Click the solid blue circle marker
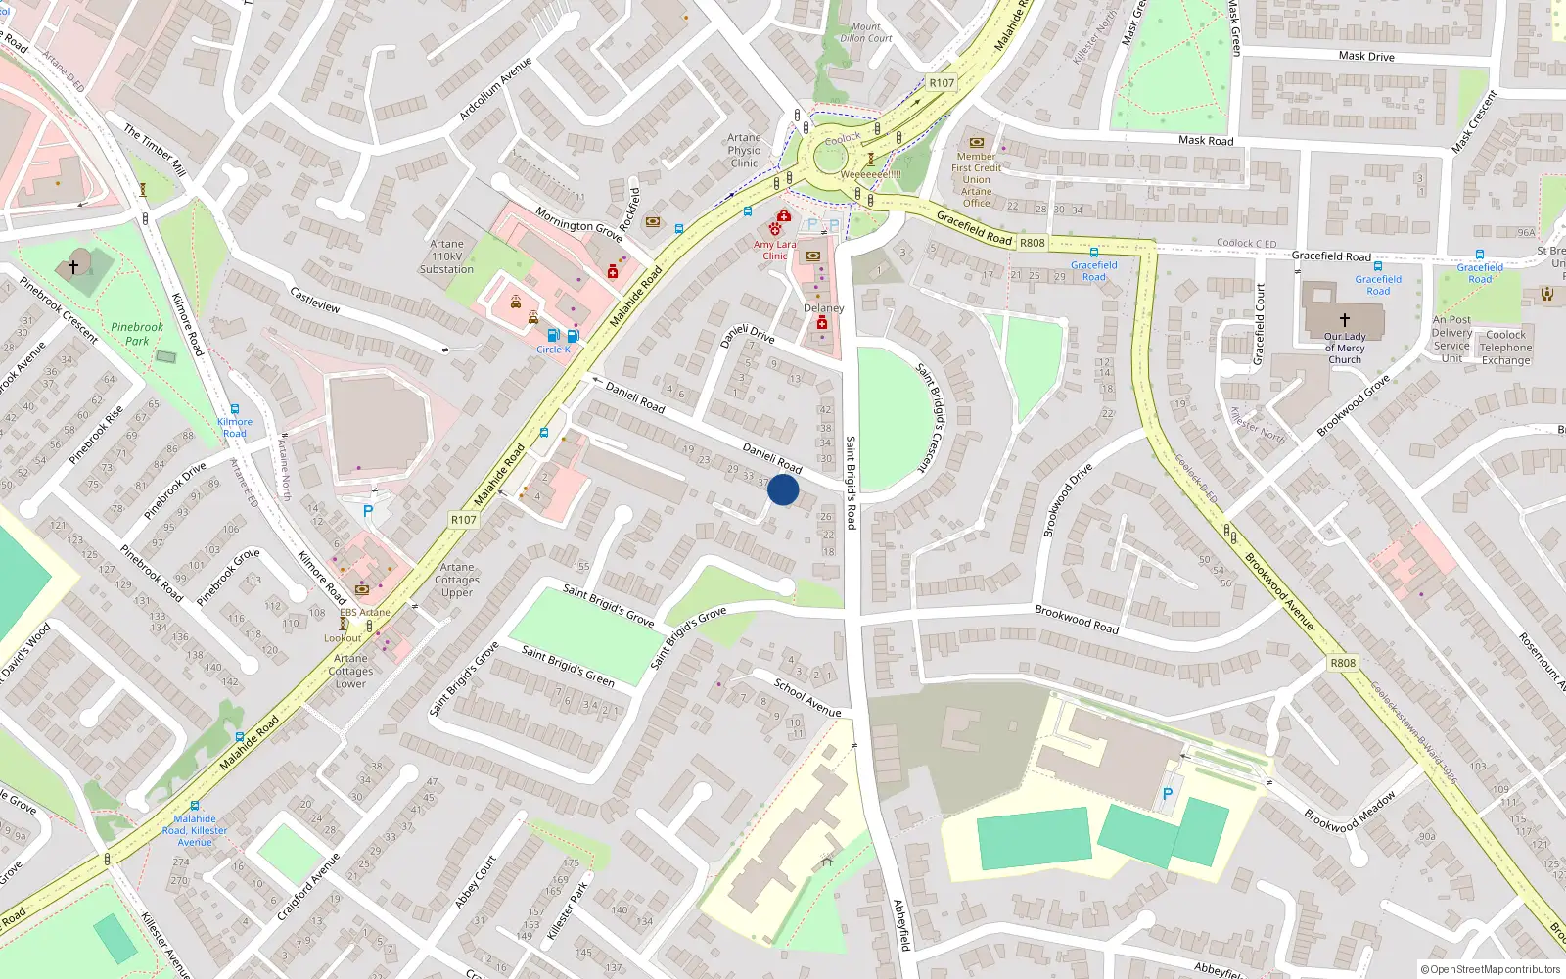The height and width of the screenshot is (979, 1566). point(783,489)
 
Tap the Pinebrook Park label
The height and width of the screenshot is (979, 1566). point(137,334)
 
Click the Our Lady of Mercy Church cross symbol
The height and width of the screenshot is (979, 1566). point(1345,319)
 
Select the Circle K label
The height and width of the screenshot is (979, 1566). point(553,350)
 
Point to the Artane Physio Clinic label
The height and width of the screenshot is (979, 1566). point(744,151)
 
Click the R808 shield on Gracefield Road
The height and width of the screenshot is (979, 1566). point(1033,242)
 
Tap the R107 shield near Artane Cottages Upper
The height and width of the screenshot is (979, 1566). point(464,519)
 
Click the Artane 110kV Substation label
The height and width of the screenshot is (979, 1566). point(446,256)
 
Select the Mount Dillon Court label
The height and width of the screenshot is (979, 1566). point(866,33)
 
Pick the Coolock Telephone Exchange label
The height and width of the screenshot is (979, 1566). point(1505,348)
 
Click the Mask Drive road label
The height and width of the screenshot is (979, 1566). point(1366,56)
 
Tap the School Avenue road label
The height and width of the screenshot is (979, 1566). point(807,697)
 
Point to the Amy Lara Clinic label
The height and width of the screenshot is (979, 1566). point(775,250)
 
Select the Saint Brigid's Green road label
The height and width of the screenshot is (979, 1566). point(568,666)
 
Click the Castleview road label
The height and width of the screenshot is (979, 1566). point(315,300)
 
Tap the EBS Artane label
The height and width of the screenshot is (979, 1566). point(364,613)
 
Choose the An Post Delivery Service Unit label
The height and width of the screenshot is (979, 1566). point(1451,339)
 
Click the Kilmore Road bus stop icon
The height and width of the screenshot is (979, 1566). point(235,410)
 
